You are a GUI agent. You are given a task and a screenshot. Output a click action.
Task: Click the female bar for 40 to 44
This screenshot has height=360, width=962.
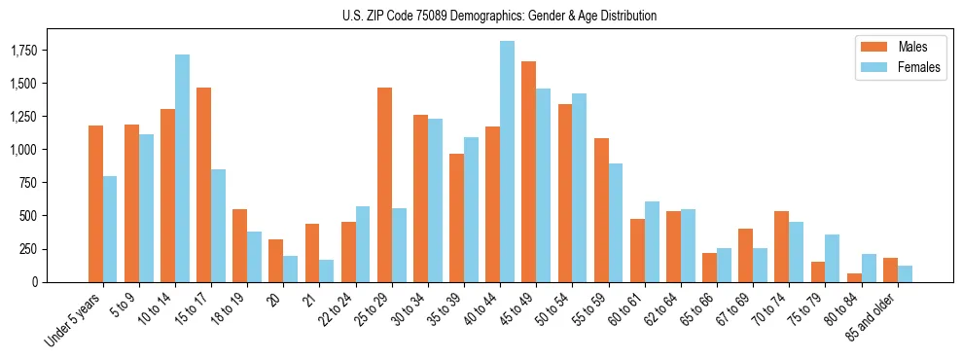507,162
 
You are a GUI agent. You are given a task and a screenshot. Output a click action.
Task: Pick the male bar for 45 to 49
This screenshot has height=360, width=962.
528,171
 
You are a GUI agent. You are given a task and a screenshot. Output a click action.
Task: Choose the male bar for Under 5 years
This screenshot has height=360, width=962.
95,203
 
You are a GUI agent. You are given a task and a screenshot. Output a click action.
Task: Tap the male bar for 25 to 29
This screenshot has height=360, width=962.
384,185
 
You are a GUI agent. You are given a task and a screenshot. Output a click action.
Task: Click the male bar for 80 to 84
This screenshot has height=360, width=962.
854,277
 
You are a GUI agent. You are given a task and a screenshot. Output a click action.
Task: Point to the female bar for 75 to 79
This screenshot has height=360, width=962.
833,258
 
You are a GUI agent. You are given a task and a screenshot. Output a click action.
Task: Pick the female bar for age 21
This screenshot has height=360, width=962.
327,270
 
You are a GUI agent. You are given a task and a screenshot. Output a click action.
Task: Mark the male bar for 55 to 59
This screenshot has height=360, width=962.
601,210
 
